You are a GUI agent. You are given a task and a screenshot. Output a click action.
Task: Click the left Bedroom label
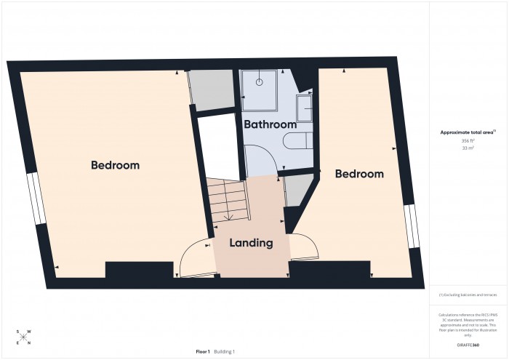[x=115, y=165]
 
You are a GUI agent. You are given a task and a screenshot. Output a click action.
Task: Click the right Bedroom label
[x=358, y=174]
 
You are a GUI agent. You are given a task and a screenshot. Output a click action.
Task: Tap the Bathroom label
[x=270, y=124]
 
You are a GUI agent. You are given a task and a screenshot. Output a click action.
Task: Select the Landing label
[x=252, y=243]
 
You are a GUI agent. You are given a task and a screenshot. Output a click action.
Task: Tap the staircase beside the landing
[x=228, y=200]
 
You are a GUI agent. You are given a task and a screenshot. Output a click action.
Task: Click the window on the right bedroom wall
[x=412, y=226]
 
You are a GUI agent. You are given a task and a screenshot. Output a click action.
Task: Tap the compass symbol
[x=24, y=337]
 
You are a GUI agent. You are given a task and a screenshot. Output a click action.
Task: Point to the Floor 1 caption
[x=203, y=351]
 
